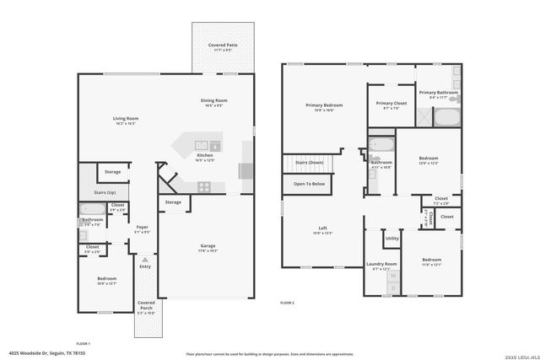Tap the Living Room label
coord(126,119)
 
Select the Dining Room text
coord(214,101)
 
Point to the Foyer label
coord(142,227)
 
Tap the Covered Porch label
coord(146,303)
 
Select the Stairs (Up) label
coord(105,192)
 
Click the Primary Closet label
coord(391,104)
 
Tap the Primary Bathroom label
coord(438,93)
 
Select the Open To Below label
coord(309,183)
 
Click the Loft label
coord(322,228)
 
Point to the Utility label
coord(392,239)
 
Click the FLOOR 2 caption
coord(287,301)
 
